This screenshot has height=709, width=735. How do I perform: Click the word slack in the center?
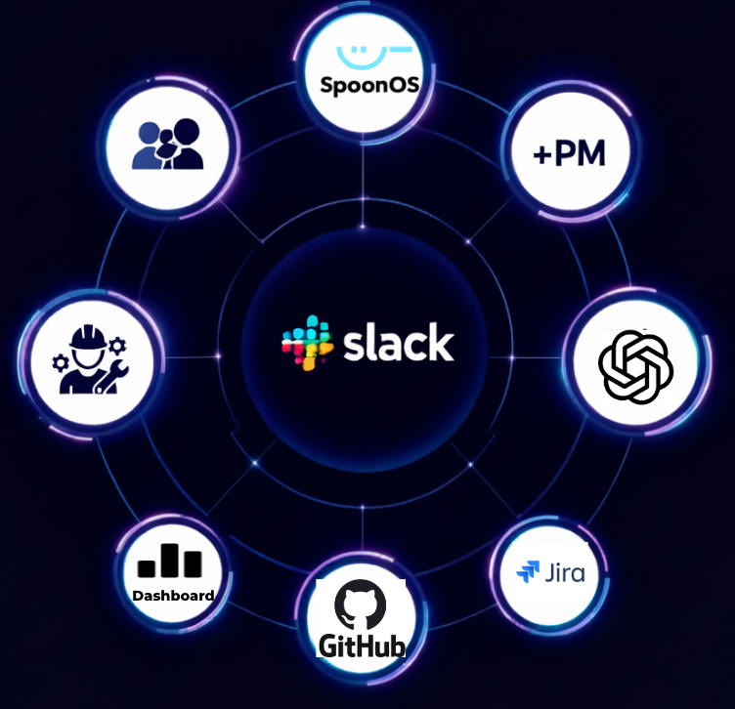point(398,344)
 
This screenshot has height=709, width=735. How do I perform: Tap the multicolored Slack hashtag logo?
point(302,343)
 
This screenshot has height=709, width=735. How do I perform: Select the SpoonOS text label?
point(369,85)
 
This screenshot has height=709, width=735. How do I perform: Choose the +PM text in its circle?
point(569,154)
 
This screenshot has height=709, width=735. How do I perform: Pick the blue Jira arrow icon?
point(528,572)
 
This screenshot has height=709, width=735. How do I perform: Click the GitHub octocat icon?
point(360,605)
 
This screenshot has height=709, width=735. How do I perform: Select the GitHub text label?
point(361,646)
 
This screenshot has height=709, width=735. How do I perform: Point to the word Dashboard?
point(173,595)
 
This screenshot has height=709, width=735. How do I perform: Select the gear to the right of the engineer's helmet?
point(119,344)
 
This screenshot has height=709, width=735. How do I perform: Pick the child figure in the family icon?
point(168,151)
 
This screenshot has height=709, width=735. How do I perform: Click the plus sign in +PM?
point(541,154)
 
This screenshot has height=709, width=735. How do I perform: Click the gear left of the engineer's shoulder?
point(60,362)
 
